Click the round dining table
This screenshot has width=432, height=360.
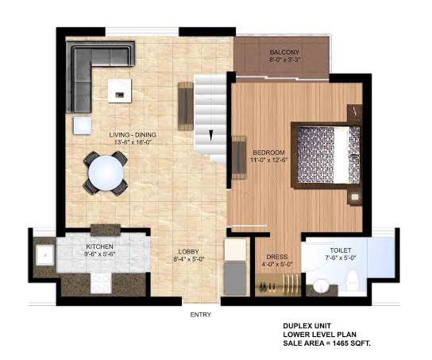pos(106,173)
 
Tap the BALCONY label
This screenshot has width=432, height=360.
pos(284,52)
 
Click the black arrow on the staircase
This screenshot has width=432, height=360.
pos(210,136)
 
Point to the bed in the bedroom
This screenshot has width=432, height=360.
pos(326,155)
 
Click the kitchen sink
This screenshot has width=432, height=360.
pos(44,255)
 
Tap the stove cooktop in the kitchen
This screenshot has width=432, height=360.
pos(101,284)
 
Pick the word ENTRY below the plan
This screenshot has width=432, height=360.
pos(201,315)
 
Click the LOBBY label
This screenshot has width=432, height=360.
pos(188,252)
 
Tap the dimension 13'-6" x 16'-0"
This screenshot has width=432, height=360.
pos(133,142)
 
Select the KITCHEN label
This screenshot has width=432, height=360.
pos(99,246)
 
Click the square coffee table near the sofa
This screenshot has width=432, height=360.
pos(120,91)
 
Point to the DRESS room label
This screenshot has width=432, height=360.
pos(277,257)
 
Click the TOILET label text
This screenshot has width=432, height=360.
pos(341,250)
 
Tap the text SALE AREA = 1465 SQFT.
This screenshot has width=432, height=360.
pos(326,343)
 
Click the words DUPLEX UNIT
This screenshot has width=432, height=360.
pos(307,326)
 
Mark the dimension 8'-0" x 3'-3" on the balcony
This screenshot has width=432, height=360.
pos(284,60)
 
